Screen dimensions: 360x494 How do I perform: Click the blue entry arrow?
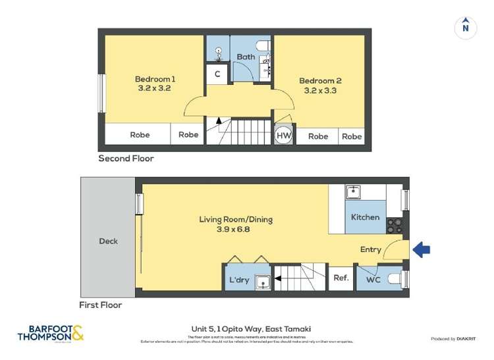point(421,249)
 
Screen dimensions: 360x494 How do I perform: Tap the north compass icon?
point(466,28)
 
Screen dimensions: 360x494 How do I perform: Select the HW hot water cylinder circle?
point(283,135)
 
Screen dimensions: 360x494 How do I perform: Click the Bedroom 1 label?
point(155,78)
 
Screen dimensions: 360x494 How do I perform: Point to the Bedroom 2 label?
point(320,82)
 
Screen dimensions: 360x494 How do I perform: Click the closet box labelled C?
point(217,74)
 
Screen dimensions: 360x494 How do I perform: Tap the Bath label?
point(246,57)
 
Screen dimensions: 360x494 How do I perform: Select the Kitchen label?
point(365,217)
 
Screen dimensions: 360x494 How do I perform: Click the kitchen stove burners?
point(395,226)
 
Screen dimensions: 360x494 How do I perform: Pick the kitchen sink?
point(354,192)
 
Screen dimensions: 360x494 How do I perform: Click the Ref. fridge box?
point(341,278)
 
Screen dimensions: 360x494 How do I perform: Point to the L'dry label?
point(239,280)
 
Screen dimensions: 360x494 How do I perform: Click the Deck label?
point(109,241)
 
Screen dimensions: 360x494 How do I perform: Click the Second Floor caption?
point(126,159)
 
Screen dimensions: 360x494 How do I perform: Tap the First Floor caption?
point(100,305)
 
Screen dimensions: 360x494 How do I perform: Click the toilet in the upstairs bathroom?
point(262,45)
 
